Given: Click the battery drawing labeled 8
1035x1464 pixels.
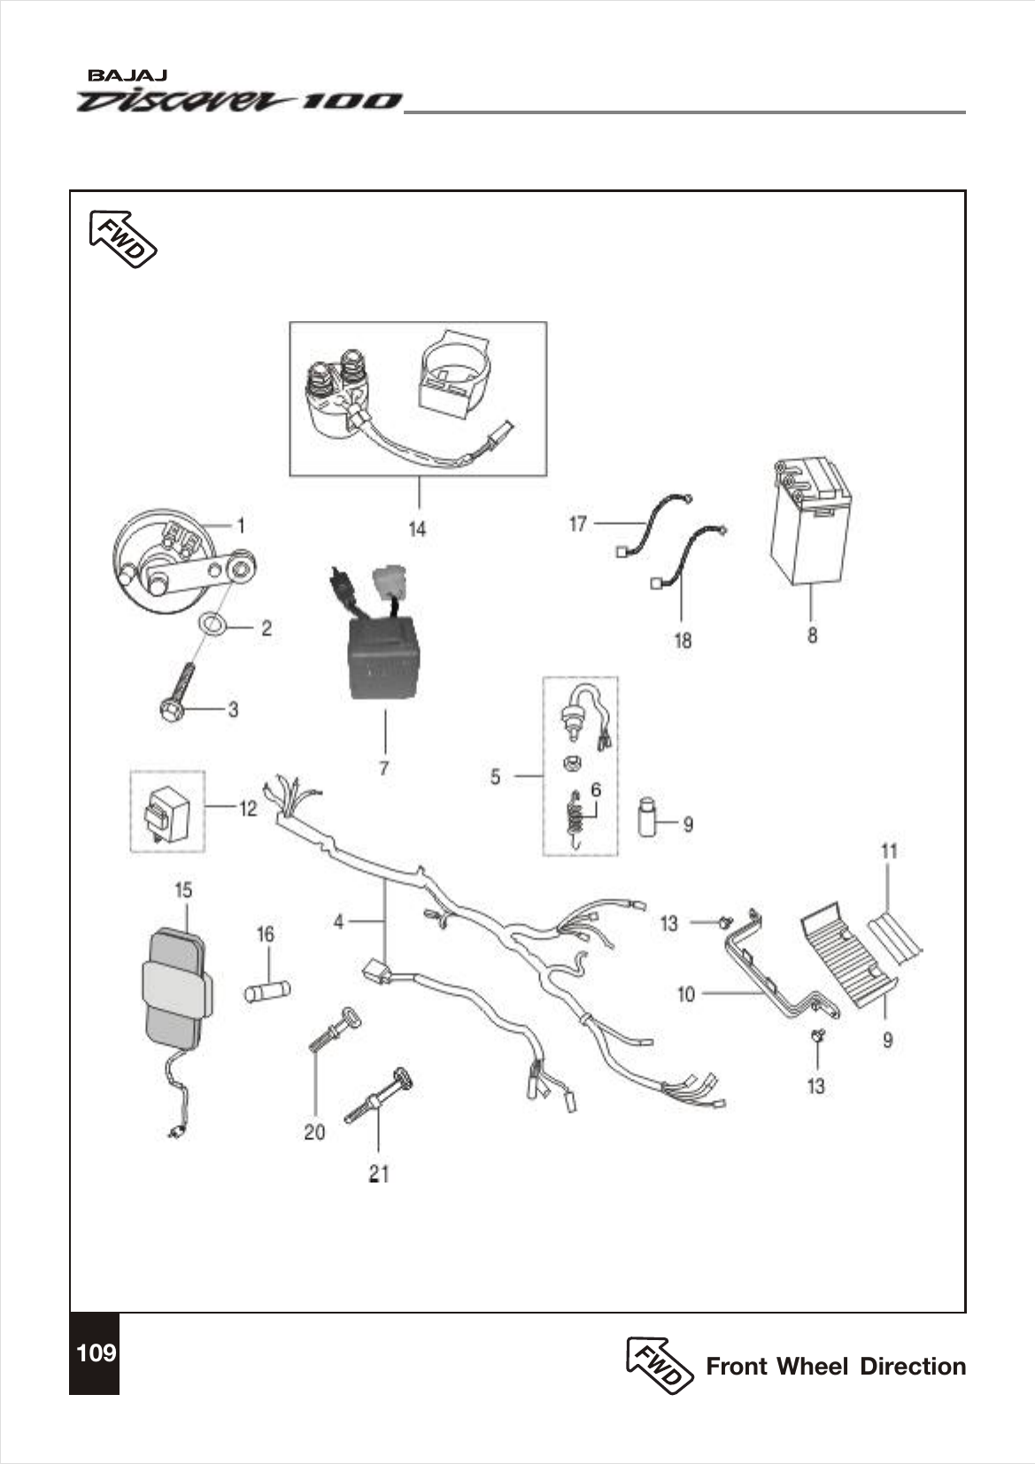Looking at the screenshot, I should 808,522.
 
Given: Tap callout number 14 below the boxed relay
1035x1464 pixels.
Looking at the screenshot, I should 416,529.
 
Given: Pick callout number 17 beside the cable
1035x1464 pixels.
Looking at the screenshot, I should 577,525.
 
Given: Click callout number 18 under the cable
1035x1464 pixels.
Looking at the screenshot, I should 683,640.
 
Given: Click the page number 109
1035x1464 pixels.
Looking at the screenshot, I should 95,1353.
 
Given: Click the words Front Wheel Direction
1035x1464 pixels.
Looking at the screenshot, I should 835,1367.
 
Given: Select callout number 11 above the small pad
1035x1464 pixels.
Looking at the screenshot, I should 889,851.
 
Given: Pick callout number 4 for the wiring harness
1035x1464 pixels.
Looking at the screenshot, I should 338,922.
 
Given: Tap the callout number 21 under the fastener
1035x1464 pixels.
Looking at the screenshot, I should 379,1174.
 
